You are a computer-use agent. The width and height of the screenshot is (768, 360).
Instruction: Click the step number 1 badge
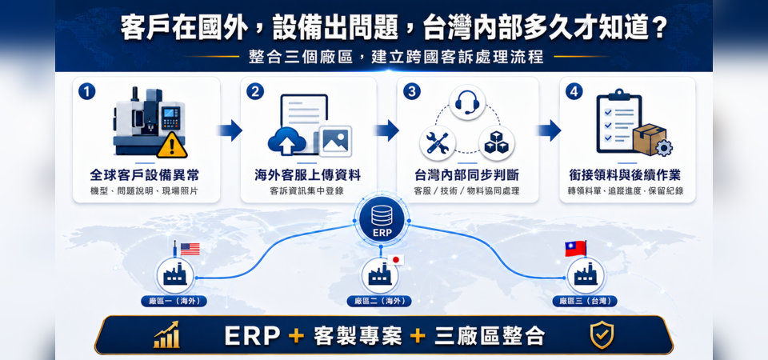(86, 91)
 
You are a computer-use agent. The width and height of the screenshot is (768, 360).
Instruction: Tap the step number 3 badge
(411, 91)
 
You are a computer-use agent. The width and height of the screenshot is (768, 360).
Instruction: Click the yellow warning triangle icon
(172, 144)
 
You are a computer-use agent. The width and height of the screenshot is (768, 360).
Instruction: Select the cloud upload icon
(287, 141)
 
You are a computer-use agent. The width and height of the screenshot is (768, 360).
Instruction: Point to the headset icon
(466, 102)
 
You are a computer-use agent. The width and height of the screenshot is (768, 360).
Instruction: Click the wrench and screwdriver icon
(438, 143)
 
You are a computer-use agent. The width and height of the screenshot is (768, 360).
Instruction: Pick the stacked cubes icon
(496, 143)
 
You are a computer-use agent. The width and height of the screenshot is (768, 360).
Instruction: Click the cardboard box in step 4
(649, 139)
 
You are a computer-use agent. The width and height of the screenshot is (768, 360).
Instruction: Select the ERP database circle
(382, 220)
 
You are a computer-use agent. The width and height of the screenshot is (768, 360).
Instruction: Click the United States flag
(190, 250)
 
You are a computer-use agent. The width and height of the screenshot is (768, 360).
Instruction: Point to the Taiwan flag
(575, 248)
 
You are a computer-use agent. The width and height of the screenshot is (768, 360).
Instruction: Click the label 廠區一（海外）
(174, 301)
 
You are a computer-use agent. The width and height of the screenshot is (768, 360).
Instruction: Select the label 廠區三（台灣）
(585, 301)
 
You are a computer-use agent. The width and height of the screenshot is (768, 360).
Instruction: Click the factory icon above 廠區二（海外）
(380, 276)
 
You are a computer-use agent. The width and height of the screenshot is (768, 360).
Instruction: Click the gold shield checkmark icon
(602, 335)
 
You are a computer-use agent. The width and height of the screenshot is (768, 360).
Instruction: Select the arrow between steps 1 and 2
(230, 130)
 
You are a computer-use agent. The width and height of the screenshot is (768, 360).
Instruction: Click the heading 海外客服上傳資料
(307, 175)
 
